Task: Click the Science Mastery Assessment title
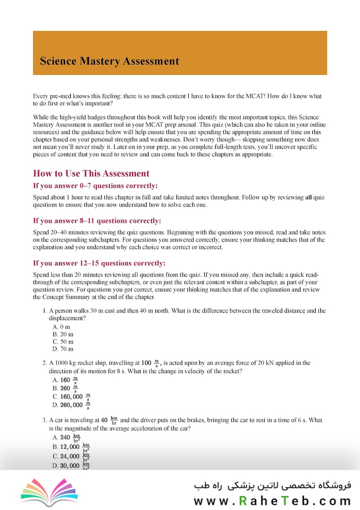(109, 61)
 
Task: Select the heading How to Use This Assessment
(91, 173)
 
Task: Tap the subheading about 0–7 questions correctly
(95, 186)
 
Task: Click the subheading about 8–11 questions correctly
(97, 221)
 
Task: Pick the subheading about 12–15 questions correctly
(99, 263)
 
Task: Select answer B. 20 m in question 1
(63, 334)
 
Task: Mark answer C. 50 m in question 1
(63, 341)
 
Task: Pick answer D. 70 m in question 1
(63, 349)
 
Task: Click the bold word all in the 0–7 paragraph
(309, 197)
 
